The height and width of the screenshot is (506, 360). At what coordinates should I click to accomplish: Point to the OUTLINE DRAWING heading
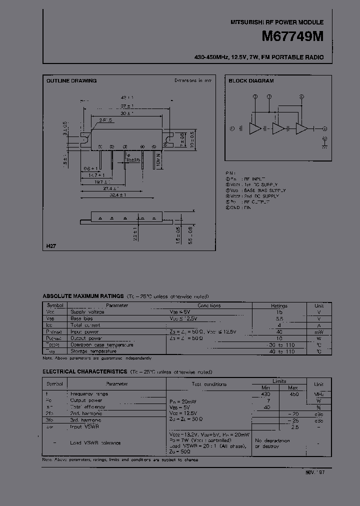tap(71, 80)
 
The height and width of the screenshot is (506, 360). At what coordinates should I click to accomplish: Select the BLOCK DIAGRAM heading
tap(251, 80)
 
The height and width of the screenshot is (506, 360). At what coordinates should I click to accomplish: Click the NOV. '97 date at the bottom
tap(314, 471)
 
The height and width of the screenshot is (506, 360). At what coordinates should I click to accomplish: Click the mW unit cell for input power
tap(318, 331)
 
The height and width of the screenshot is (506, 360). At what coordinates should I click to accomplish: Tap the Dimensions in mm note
tap(193, 80)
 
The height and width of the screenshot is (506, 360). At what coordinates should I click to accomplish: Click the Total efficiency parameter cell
tap(88, 407)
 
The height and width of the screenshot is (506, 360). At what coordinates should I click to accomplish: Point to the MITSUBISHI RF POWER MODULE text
tap(276, 22)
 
